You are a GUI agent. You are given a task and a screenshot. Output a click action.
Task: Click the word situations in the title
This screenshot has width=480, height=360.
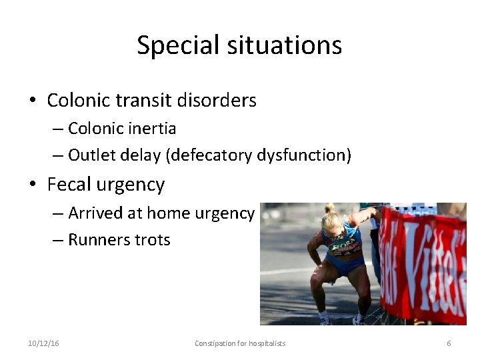click(283, 46)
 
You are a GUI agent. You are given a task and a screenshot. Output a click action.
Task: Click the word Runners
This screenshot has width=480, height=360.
click(95, 240)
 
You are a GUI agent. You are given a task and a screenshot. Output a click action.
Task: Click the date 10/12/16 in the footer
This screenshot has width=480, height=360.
click(43, 343)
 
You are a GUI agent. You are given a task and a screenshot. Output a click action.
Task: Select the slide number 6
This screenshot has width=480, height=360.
click(449, 343)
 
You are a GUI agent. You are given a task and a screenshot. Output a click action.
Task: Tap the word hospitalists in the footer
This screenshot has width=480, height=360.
click(267, 343)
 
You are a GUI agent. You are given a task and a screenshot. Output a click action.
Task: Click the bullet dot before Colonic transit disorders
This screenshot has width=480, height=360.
click(33, 101)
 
